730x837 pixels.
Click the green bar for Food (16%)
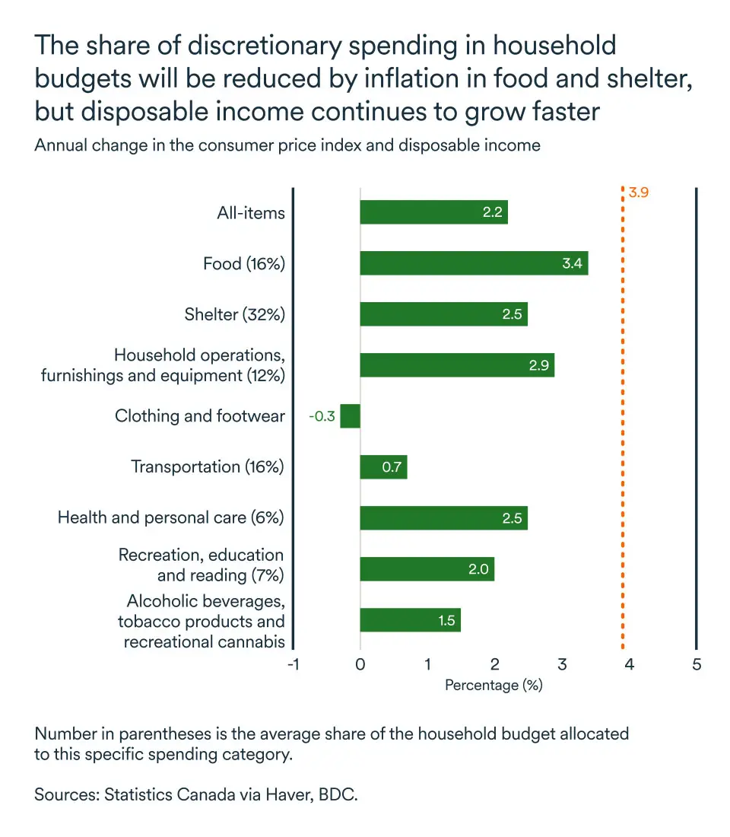[x=473, y=263]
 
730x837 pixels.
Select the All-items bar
[x=433, y=212]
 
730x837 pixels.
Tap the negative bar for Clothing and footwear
[x=351, y=416]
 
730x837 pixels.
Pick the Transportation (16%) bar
[x=383, y=467]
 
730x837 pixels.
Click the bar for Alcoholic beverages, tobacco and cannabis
[x=410, y=620]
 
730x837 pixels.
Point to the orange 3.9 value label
[x=638, y=193]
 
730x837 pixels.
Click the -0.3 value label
[x=322, y=417]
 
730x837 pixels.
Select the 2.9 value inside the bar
[x=538, y=365]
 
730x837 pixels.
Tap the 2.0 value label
[x=478, y=569]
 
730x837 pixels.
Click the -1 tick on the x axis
[x=292, y=664]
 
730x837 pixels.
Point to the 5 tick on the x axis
[x=697, y=664]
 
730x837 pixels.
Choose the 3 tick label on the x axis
[x=562, y=664]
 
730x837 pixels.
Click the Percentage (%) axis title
[x=494, y=685]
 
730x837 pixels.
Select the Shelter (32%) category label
[x=234, y=314]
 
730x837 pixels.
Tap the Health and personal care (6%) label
[x=170, y=518]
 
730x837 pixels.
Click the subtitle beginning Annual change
[x=287, y=145]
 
